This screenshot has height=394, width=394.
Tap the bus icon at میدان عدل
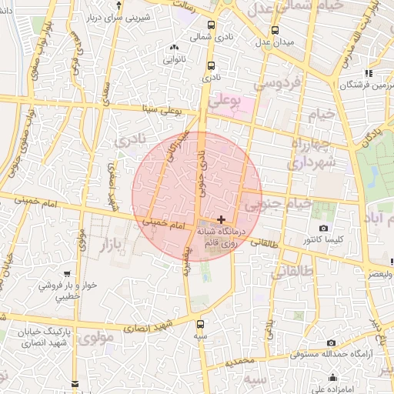tap(275, 31)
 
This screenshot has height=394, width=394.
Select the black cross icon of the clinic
tap(222, 219)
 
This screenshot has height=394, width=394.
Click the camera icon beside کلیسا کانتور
tap(323, 229)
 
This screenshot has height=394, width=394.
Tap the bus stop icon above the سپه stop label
tap(202, 323)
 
